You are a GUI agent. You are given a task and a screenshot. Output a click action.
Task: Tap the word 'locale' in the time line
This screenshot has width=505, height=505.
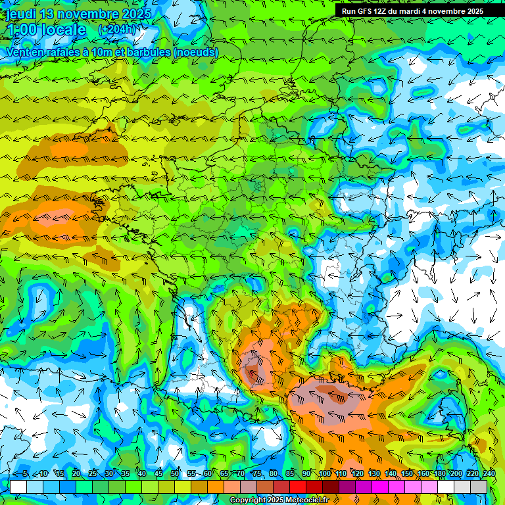62,30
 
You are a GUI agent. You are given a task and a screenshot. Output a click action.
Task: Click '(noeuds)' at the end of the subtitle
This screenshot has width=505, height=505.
196,52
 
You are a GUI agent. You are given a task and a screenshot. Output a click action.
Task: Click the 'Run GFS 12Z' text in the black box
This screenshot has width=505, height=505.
366,11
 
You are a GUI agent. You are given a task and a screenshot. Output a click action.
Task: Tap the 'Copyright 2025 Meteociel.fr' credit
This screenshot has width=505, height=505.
279,500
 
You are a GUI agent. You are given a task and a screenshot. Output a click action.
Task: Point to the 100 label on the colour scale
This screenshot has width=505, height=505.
325,474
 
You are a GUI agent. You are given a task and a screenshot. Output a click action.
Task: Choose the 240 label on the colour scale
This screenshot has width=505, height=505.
489,474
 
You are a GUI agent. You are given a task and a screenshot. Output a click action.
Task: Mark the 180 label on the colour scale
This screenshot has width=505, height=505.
439,474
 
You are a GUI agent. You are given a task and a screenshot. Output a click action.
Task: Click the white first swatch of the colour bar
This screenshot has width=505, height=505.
18,487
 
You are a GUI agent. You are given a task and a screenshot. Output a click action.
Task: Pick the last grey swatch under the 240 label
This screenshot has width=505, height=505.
479,487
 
